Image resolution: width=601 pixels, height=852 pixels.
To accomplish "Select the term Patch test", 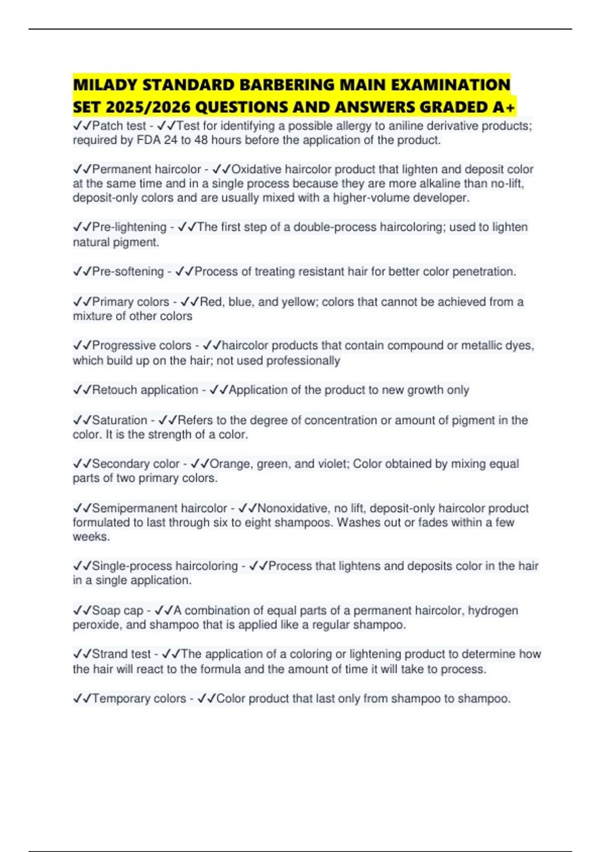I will pyautogui.click(x=119, y=126).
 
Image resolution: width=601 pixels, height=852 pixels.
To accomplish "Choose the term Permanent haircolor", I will pyautogui.click(x=146, y=169).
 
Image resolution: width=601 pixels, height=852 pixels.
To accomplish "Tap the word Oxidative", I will pyautogui.click(x=256, y=169).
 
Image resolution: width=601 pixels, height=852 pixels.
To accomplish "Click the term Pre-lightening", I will pyautogui.click(x=129, y=227).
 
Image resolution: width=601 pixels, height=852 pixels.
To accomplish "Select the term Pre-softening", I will pyautogui.click(x=128, y=272).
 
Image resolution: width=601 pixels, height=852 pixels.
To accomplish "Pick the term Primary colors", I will pyautogui.click(x=131, y=302).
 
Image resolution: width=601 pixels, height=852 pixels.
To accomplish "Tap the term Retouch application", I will pyautogui.click(x=145, y=390).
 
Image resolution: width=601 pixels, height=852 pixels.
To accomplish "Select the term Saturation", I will pyautogui.click(x=120, y=420).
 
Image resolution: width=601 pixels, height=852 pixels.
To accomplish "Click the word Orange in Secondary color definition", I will pyautogui.click(x=231, y=464).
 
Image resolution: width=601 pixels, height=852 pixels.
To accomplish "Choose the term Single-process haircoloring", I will pyautogui.click(x=165, y=566).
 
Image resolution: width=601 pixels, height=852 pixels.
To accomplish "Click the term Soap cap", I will pyautogui.click(x=118, y=610).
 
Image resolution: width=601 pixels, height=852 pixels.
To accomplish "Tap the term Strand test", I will pyautogui.click(x=121, y=654).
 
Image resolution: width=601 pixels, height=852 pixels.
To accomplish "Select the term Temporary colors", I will pyautogui.click(x=139, y=699).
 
